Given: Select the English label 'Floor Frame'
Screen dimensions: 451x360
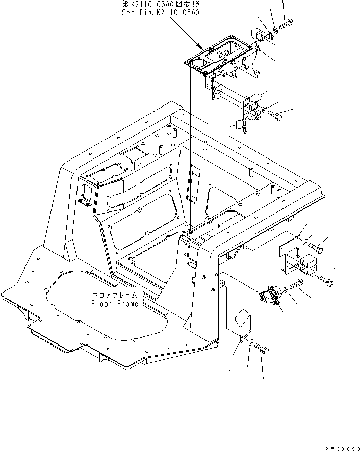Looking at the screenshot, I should (x=114, y=304).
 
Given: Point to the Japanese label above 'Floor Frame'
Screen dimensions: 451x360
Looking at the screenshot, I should (x=115, y=296).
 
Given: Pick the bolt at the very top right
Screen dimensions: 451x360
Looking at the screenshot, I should (x=287, y=22).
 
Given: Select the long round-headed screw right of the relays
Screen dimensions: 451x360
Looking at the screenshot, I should (x=326, y=279).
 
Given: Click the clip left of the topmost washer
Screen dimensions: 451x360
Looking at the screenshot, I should (x=262, y=35).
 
